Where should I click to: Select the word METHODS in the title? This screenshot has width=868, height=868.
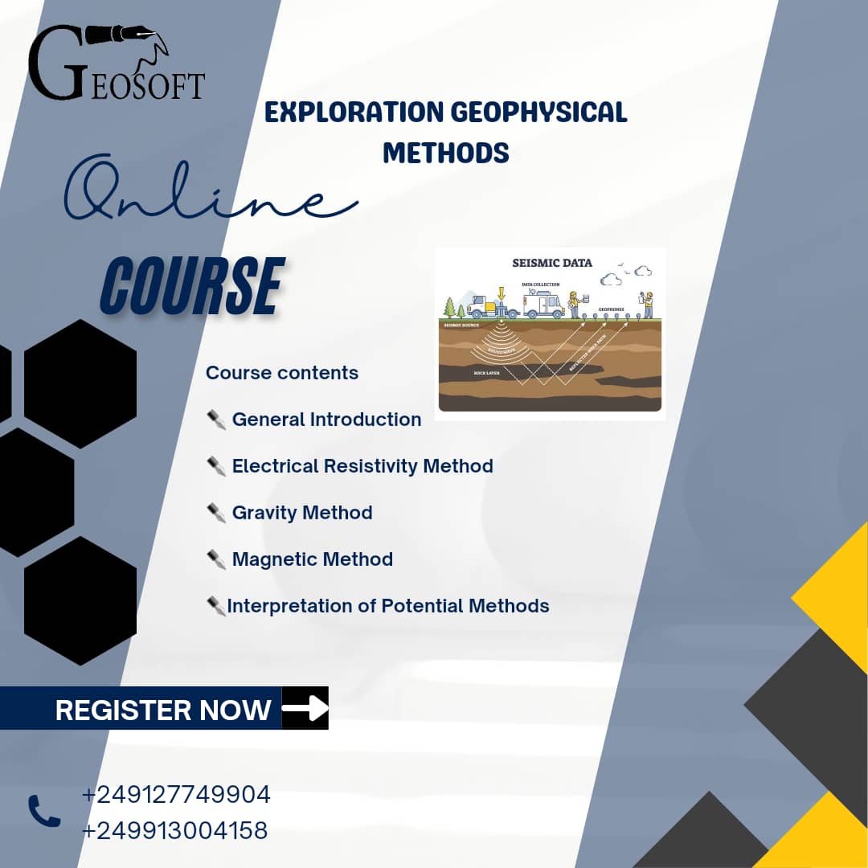click(x=446, y=152)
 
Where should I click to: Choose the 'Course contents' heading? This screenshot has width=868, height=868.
click(x=282, y=373)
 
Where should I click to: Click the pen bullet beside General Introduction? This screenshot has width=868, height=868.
click(x=216, y=420)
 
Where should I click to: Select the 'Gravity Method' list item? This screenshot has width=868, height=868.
click(x=302, y=513)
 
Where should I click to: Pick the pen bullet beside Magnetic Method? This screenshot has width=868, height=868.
click(x=216, y=559)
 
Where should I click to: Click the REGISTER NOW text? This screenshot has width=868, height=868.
click(x=163, y=710)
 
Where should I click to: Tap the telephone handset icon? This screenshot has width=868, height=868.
click(x=44, y=811)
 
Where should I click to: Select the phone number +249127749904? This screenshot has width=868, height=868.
click(x=176, y=795)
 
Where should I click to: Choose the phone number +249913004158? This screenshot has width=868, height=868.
click(x=174, y=830)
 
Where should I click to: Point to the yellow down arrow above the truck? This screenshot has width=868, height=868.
click(x=502, y=293)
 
